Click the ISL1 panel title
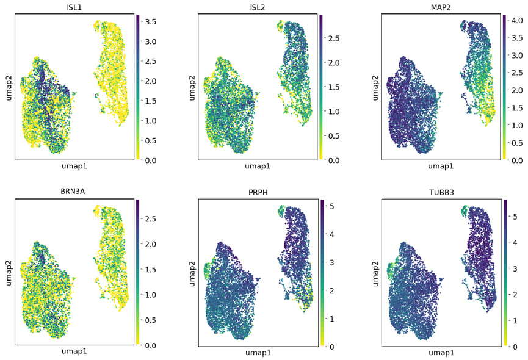point(74,7)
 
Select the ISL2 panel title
point(258,7)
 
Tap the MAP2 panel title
point(440,7)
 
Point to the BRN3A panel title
point(74,192)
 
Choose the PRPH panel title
point(258,192)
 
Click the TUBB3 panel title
point(440,192)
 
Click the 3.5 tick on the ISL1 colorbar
point(151,21)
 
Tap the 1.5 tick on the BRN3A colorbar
point(151,269)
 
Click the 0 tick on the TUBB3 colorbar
point(513,347)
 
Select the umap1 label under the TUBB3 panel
point(440,353)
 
